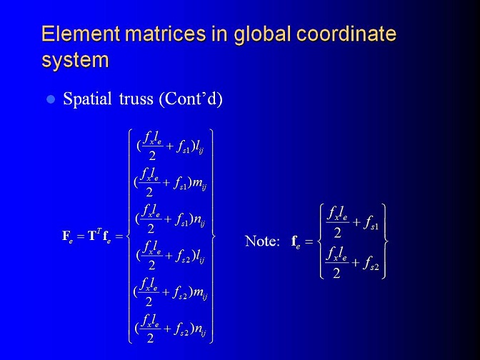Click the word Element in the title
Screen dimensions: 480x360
pyautogui.click(x=81, y=34)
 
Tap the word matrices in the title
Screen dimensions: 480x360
pyautogui.click(x=165, y=34)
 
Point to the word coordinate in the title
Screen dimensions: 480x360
pyautogui.click(x=346, y=34)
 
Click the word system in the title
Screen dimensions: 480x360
pyautogui.click(x=75, y=60)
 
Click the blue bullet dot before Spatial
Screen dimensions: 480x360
pyautogui.click(x=51, y=99)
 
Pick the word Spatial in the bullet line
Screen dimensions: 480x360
pyautogui.click(x=87, y=99)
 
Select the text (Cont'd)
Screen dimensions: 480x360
pyautogui.click(x=191, y=99)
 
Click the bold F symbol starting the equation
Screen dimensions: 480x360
pyautogui.click(x=67, y=236)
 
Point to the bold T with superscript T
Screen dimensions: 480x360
pyautogui.click(x=94, y=235)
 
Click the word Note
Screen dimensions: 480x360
pyautogui.click(x=262, y=241)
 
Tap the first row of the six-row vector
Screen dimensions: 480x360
pyautogui.click(x=171, y=146)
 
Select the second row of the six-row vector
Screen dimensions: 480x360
pyautogui.click(x=170, y=182)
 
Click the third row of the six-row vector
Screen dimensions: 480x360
pyautogui.click(x=170, y=219)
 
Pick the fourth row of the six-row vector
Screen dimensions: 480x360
pyautogui.click(x=171, y=255)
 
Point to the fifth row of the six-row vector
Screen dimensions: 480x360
pyautogui.click(x=170, y=292)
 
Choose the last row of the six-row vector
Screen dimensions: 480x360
pyautogui.click(x=170, y=328)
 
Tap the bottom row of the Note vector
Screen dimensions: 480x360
pyautogui.click(x=352, y=262)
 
